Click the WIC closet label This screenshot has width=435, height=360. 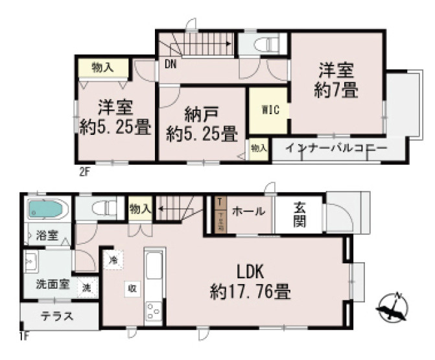click(x=270, y=110)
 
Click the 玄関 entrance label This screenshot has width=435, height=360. click(x=300, y=215)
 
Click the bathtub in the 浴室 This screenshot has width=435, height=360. click(x=47, y=210)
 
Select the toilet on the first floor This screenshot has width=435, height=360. click(x=100, y=209)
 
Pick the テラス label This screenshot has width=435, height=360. click(x=58, y=318)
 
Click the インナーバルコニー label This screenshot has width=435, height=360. click(x=336, y=149)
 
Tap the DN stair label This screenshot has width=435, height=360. click(x=170, y=64)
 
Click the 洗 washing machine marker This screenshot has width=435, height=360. click(x=86, y=288)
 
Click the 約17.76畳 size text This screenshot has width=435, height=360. click(x=250, y=293)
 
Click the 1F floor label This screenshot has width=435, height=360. click(x=23, y=336)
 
